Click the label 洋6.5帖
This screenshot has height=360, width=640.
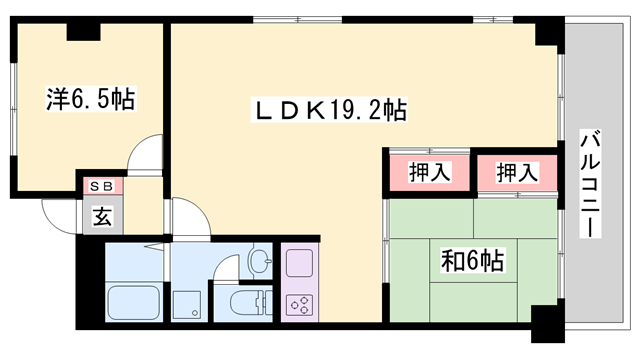90,99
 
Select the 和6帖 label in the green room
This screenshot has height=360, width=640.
473,262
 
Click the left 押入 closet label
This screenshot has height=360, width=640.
430,172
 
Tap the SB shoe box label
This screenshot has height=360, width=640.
102,186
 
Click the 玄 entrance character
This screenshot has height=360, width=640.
103,213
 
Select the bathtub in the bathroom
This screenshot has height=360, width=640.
133,301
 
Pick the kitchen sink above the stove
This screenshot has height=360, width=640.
299,264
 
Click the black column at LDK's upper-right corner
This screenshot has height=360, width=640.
549,32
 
